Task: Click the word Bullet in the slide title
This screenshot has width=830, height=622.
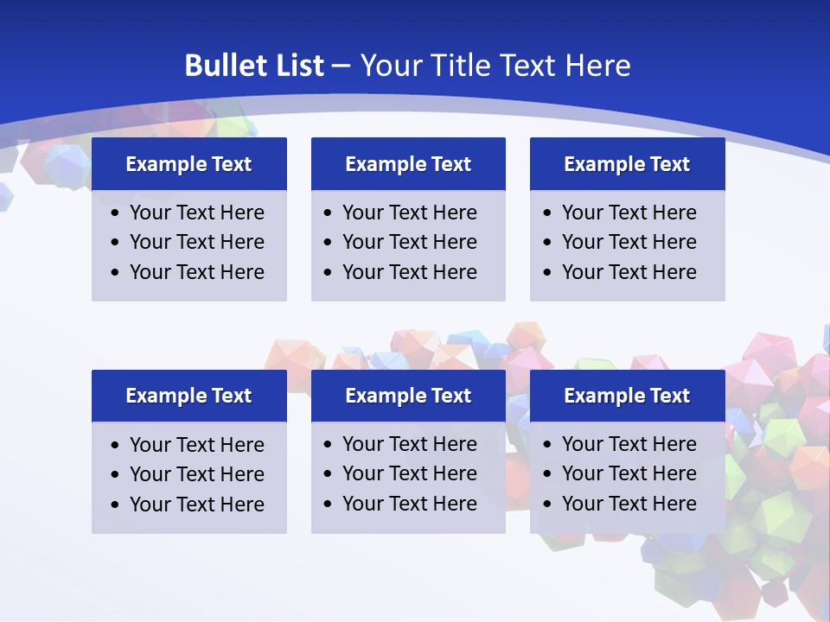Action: coord(221,66)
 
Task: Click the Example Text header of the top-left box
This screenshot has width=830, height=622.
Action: coord(188,164)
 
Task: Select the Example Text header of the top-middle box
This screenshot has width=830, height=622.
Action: coord(408,164)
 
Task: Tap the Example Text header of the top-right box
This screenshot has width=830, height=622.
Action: coord(627,164)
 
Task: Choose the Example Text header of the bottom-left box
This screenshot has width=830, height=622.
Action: coord(188,396)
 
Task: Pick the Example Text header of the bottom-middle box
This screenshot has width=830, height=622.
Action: coord(408,396)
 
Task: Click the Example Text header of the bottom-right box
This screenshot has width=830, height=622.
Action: coord(627,396)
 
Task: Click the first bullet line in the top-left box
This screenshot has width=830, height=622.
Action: coord(196,213)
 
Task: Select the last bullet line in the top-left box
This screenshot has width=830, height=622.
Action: coord(196,272)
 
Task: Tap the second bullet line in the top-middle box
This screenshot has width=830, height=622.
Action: coord(409,242)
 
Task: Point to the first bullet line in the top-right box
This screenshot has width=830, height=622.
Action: coord(629,213)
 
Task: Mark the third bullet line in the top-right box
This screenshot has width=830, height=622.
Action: coord(629,272)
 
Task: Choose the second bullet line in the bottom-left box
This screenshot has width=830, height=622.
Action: coord(196,474)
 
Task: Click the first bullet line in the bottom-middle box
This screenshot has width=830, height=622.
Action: coord(409,444)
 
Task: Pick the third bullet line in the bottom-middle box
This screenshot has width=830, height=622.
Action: coord(409,504)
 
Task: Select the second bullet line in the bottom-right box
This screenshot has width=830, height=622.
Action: coord(629,473)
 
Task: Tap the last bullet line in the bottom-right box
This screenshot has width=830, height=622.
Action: coord(629,504)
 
